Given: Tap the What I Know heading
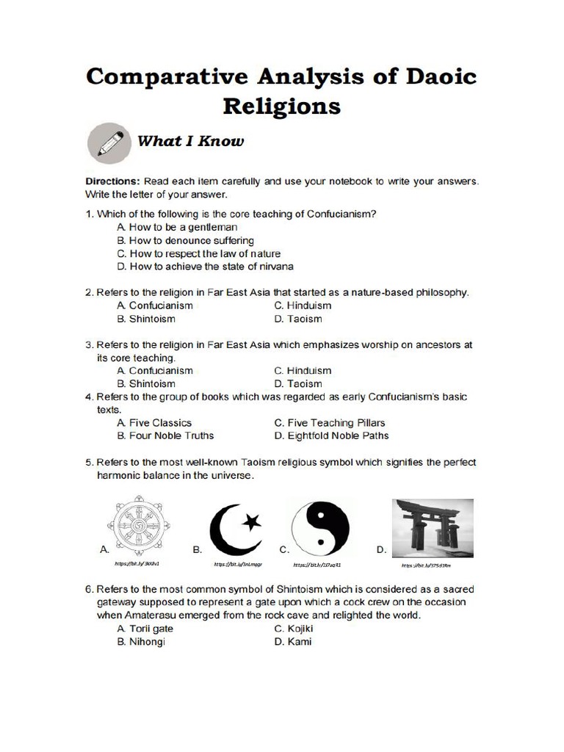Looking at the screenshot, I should [x=190, y=140].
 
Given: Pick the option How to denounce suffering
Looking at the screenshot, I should [x=185, y=240].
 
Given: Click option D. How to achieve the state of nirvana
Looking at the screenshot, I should [x=205, y=266].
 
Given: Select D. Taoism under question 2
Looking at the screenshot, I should [x=297, y=319].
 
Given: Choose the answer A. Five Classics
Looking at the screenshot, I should [x=154, y=423].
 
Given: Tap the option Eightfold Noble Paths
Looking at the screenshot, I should [x=331, y=435].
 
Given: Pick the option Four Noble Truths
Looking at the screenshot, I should [x=165, y=435].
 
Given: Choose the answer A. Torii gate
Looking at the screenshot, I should [x=148, y=629].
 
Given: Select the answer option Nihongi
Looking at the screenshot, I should [x=141, y=642].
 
